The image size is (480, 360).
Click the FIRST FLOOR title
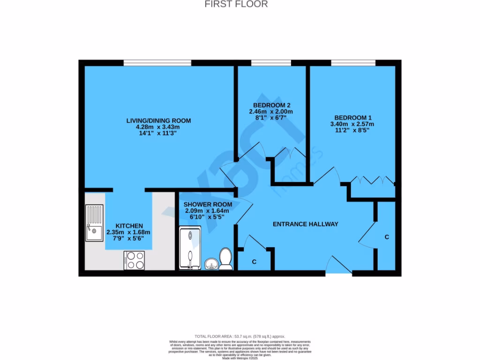[x=237, y=4]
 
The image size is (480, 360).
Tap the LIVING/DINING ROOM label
[x=158, y=120]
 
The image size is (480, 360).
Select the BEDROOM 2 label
[x=271, y=105]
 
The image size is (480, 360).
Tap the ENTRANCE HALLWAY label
[x=305, y=224]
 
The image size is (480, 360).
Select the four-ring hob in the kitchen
[x=134, y=260]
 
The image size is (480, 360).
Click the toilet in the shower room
[x=226, y=259]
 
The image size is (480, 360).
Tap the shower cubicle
[x=190, y=248]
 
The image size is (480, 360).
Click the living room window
[x=157, y=63]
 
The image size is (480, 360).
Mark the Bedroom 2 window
[x=271, y=63]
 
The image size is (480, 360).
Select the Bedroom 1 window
[x=353, y=63]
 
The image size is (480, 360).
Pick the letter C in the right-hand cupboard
[x=387, y=237]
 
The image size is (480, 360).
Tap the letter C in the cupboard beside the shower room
[x=254, y=261]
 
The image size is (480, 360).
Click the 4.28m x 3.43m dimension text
[x=158, y=127]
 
